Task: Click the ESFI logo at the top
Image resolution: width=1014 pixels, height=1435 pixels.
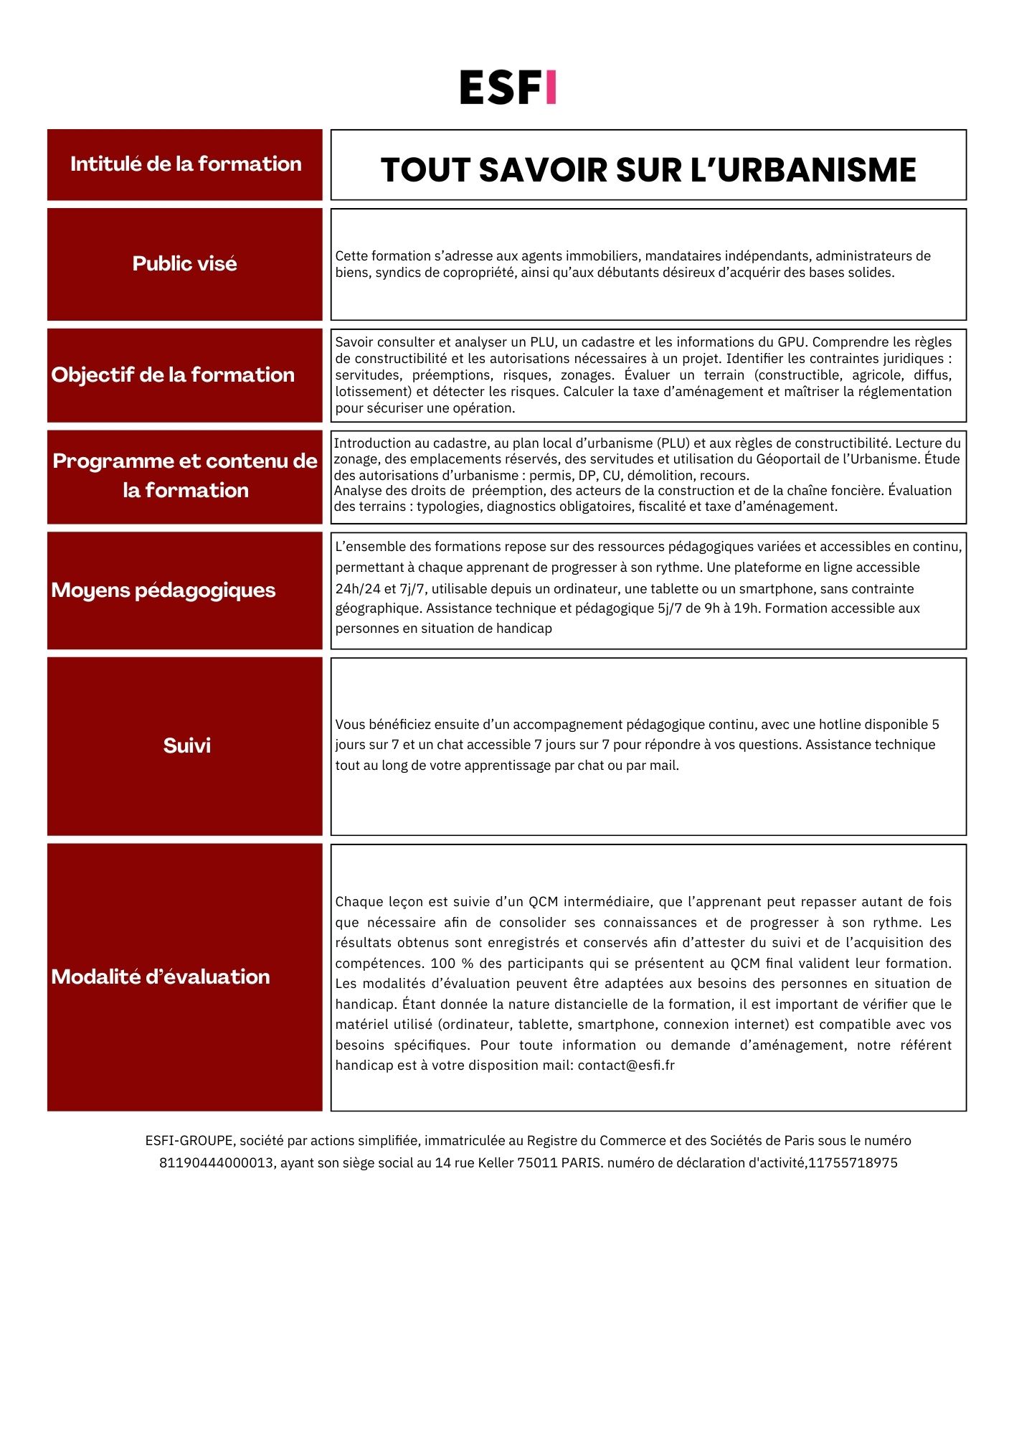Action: (x=508, y=88)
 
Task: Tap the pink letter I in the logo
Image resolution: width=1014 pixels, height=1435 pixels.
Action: (x=550, y=88)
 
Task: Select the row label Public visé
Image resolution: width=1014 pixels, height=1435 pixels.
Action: (x=184, y=263)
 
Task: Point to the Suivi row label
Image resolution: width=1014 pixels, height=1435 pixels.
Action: (x=186, y=745)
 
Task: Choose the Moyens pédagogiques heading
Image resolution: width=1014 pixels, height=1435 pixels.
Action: (x=164, y=590)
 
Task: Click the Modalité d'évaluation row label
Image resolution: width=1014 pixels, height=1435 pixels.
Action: (x=161, y=977)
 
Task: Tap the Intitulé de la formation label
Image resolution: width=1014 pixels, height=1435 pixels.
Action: (x=186, y=164)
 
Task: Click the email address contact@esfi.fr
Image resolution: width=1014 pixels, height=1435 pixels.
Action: (x=626, y=1065)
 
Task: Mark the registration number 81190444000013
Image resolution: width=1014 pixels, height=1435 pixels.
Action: (x=217, y=1163)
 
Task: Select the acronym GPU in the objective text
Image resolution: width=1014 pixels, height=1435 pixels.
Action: (x=792, y=342)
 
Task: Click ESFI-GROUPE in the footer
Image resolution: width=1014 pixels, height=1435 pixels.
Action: (x=189, y=1141)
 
